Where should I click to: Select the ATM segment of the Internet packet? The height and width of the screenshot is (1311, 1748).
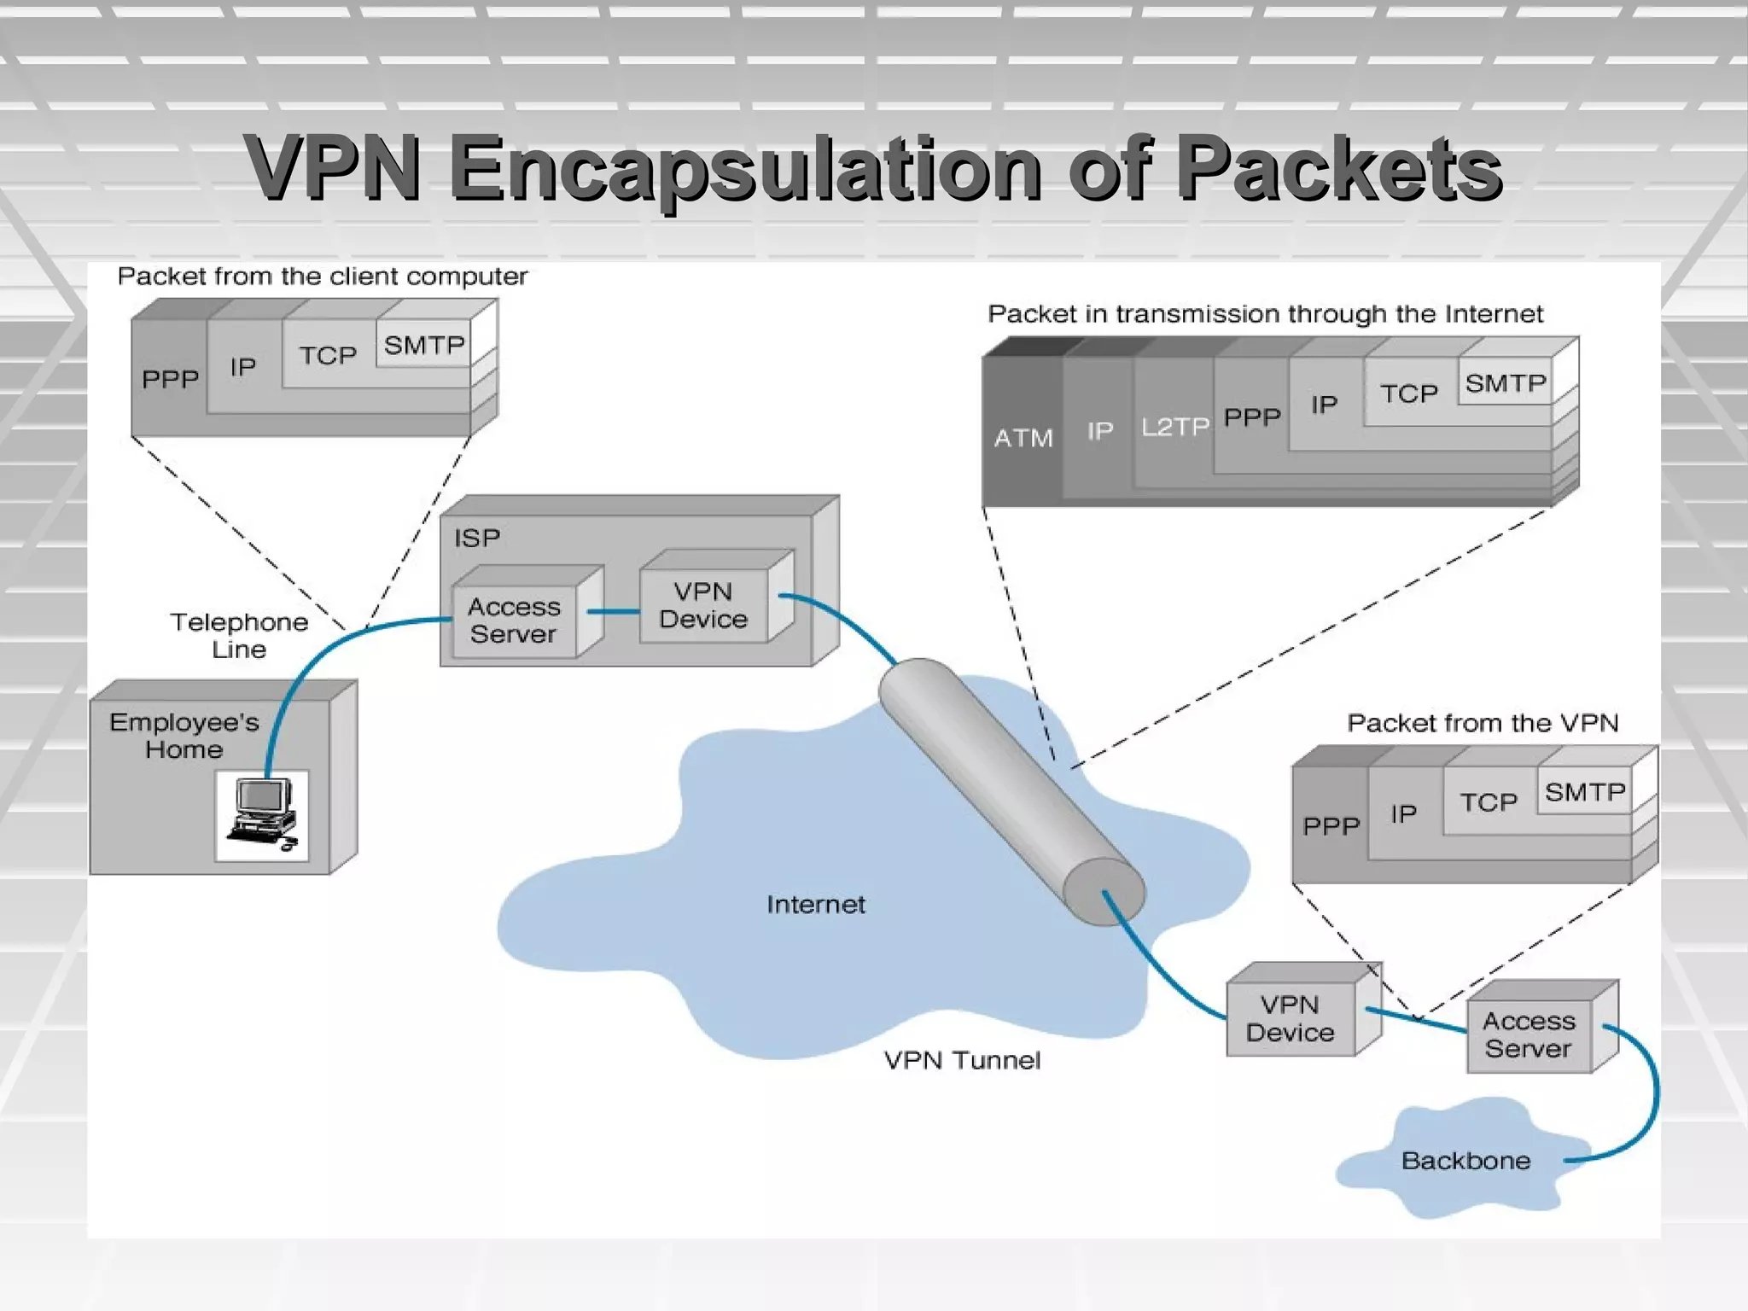[1023, 438]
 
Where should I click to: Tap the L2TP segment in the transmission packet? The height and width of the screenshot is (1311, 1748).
[1174, 426]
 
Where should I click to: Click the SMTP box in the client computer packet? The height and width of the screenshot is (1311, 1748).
[423, 345]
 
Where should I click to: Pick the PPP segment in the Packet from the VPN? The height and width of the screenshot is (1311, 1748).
[1330, 825]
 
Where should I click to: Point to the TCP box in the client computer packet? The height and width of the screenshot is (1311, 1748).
[328, 355]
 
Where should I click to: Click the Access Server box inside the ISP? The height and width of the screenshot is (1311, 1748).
[514, 620]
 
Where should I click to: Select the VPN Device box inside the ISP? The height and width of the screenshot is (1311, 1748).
[702, 605]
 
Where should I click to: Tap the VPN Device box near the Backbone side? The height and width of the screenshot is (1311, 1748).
[1290, 1018]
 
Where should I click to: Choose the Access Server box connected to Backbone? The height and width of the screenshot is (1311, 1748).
[1529, 1034]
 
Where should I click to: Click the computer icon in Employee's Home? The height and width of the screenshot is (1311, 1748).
[262, 815]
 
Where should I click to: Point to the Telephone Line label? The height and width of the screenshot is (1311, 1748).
[239, 635]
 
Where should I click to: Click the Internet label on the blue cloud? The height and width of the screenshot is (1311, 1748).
[815, 905]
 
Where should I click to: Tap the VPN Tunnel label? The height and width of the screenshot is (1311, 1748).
[962, 1060]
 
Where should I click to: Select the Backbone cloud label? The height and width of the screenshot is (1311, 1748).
[1465, 1161]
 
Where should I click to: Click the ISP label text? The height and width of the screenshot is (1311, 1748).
[476, 538]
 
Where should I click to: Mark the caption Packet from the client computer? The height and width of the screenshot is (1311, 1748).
[322, 277]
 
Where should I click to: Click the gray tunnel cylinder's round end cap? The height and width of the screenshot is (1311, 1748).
[1104, 891]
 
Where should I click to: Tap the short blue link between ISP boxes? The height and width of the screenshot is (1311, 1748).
[613, 611]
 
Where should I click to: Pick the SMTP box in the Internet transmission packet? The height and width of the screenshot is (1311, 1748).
[1505, 383]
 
